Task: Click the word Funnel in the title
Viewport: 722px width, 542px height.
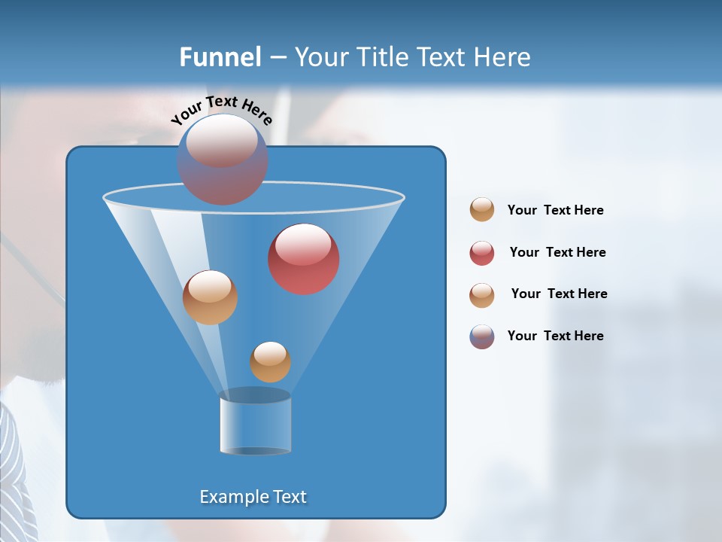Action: click(x=220, y=57)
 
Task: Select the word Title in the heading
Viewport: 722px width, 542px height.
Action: click(x=381, y=57)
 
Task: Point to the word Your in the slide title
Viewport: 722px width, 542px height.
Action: click(x=319, y=57)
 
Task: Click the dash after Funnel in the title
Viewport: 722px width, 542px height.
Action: click(x=277, y=58)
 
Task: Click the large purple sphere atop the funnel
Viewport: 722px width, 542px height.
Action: click(x=223, y=159)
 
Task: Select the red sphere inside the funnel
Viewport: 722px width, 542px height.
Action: click(x=304, y=259)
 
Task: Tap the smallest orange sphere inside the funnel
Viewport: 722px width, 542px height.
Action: click(x=270, y=362)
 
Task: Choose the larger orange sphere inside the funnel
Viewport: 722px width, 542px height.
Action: click(x=210, y=297)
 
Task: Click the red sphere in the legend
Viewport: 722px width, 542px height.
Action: click(x=482, y=253)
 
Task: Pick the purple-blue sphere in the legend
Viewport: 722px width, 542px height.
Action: click(x=482, y=336)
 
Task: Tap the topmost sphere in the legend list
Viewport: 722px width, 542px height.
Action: click(x=482, y=210)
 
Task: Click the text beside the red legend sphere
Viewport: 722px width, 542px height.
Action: click(x=557, y=252)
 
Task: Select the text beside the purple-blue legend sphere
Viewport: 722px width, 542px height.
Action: click(x=555, y=336)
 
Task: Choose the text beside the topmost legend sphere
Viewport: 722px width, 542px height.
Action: click(x=555, y=210)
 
